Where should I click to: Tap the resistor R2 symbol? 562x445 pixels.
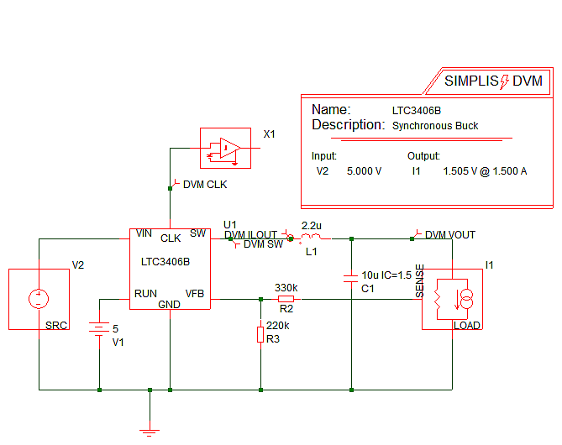286,298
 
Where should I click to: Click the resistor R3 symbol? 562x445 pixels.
260,335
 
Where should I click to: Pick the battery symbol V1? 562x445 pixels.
99,330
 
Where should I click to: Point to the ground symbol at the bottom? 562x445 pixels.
150,432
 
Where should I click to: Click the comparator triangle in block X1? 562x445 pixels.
228,149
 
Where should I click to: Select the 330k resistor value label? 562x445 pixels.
286,287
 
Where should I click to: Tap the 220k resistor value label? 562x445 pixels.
277,325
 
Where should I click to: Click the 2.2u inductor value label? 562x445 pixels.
311,226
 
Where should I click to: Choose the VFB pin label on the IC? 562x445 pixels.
195,294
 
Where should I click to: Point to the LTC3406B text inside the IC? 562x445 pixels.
165,261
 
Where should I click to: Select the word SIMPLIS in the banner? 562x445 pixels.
471,81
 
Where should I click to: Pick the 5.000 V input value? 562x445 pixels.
364,171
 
